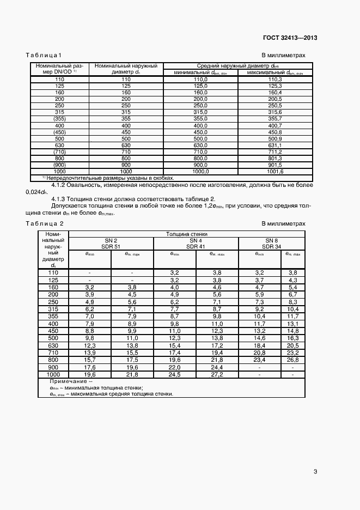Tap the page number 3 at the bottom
(x=315, y=471)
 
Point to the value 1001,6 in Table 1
(x=275, y=171)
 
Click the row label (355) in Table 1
(x=59, y=118)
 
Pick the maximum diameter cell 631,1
(x=275, y=145)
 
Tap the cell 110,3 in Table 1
(x=275, y=80)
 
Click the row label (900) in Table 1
(x=59, y=165)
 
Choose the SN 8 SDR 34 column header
(x=271, y=243)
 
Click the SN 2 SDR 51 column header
(x=111, y=243)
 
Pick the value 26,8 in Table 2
(x=292, y=360)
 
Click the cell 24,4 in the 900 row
(x=217, y=368)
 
